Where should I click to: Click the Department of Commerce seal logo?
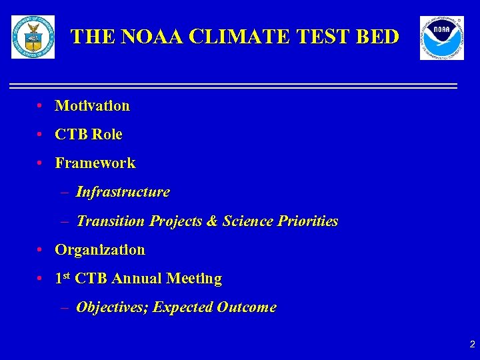click(33, 37)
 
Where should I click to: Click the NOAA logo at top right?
click(441, 38)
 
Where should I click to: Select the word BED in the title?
click(377, 37)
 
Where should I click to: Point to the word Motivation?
click(92, 106)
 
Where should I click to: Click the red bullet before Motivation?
click(41, 106)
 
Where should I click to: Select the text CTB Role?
click(88, 135)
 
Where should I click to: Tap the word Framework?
click(95, 163)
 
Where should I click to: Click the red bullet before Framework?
click(41, 163)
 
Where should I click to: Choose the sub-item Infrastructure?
click(123, 193)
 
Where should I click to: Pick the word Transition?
click(111, 221)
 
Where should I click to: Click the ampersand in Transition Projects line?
click(213, 221)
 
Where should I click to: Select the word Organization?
click(99, 250)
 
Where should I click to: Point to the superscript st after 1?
click(67, 276)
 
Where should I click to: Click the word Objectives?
click(112, 308)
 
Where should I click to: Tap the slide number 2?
click(472, 345)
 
